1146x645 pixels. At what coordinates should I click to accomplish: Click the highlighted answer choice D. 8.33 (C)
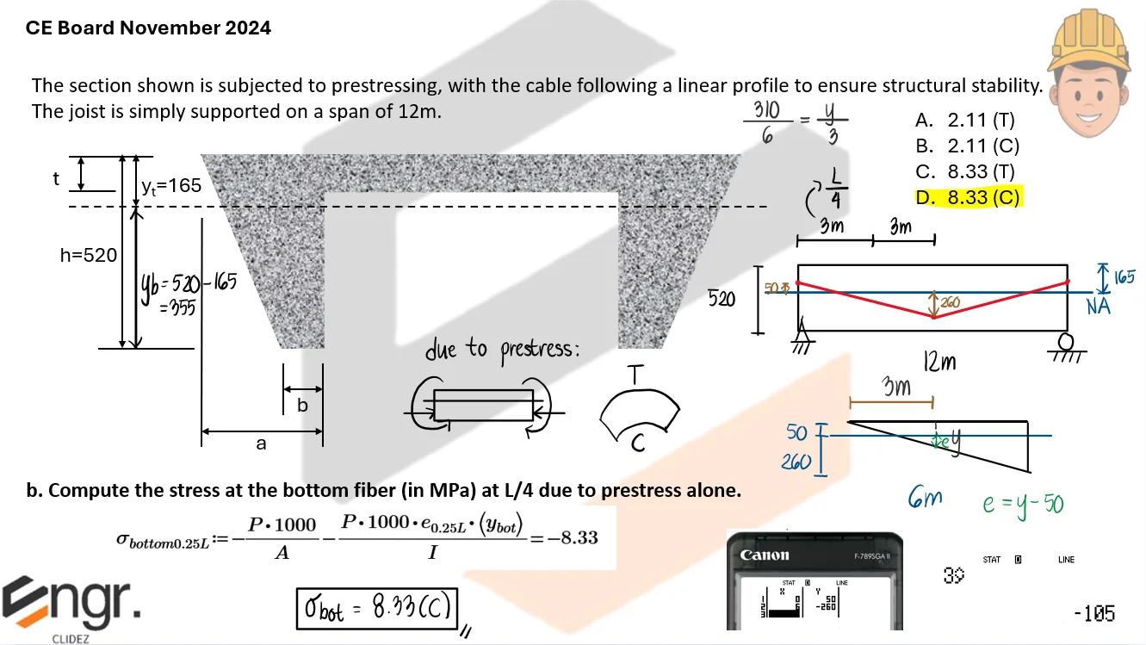click(968, 198)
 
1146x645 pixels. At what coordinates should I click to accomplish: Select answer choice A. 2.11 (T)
click(965, 121)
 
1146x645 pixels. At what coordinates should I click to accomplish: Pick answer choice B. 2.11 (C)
click(967, 146)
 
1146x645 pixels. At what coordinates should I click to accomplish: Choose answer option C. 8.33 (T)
click(965, 172)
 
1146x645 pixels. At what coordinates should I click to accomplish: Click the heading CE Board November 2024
click(148, 28)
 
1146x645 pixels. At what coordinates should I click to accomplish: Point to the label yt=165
click(172, 185)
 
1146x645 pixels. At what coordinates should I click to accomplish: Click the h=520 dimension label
click(89, 255)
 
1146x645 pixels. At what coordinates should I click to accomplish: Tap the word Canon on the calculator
click(765, 555)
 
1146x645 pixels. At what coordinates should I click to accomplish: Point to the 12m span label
click(939, 363)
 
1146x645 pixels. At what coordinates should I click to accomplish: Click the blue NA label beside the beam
click(1099, 305)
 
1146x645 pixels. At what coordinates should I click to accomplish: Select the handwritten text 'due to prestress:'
click(503, 350)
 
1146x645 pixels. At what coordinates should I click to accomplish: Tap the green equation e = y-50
click(1024, 503)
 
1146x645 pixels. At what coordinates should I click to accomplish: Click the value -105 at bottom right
click(1094, 614)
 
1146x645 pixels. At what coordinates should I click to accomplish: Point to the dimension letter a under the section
click(262, 444)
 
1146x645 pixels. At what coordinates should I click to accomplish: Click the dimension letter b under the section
click(302, 405)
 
